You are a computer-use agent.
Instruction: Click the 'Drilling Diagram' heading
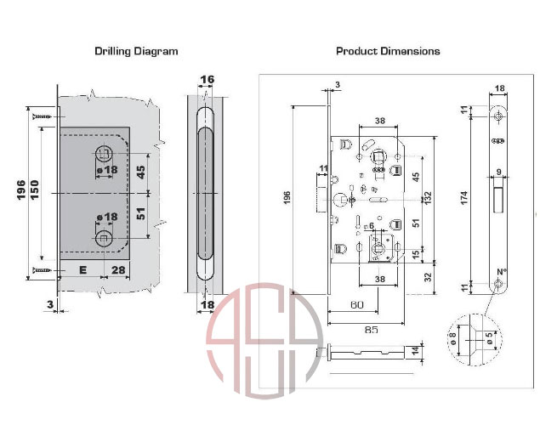[136, 51]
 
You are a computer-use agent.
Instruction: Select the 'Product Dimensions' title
[388, 51]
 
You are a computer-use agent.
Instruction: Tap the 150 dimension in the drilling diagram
[34, 190]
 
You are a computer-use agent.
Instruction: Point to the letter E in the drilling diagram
[82, 269]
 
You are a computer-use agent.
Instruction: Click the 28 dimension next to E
[118, 269]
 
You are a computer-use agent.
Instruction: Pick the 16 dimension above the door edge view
[207, 80]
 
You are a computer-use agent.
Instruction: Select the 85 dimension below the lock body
[372, 330]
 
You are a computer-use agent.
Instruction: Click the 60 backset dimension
[357, 304]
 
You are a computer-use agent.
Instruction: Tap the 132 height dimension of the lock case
[428, 199]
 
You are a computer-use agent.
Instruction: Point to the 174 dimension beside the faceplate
[464, 198]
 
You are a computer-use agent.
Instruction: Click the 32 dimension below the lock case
[428, 277]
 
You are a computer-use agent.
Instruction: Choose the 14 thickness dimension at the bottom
[416, 351]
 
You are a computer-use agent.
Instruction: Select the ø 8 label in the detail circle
[453, 338]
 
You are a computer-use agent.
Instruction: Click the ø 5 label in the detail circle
[490, 338]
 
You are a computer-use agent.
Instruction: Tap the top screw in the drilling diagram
[42, 117]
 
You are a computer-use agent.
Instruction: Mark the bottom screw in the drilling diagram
[42, 270]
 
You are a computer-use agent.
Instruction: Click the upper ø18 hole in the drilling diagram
[103, 153]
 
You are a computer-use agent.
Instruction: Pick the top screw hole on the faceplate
[498, 116]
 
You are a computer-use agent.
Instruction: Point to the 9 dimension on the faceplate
[498, 172]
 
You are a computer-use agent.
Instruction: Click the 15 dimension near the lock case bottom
[416, 255]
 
